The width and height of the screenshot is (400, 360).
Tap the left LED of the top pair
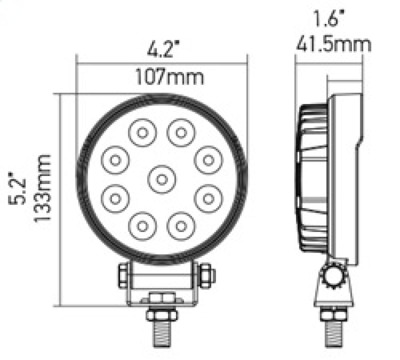142,133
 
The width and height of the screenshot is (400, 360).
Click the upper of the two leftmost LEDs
116,160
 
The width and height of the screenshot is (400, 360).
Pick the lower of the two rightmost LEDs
207,198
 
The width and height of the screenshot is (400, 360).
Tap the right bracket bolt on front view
205,275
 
